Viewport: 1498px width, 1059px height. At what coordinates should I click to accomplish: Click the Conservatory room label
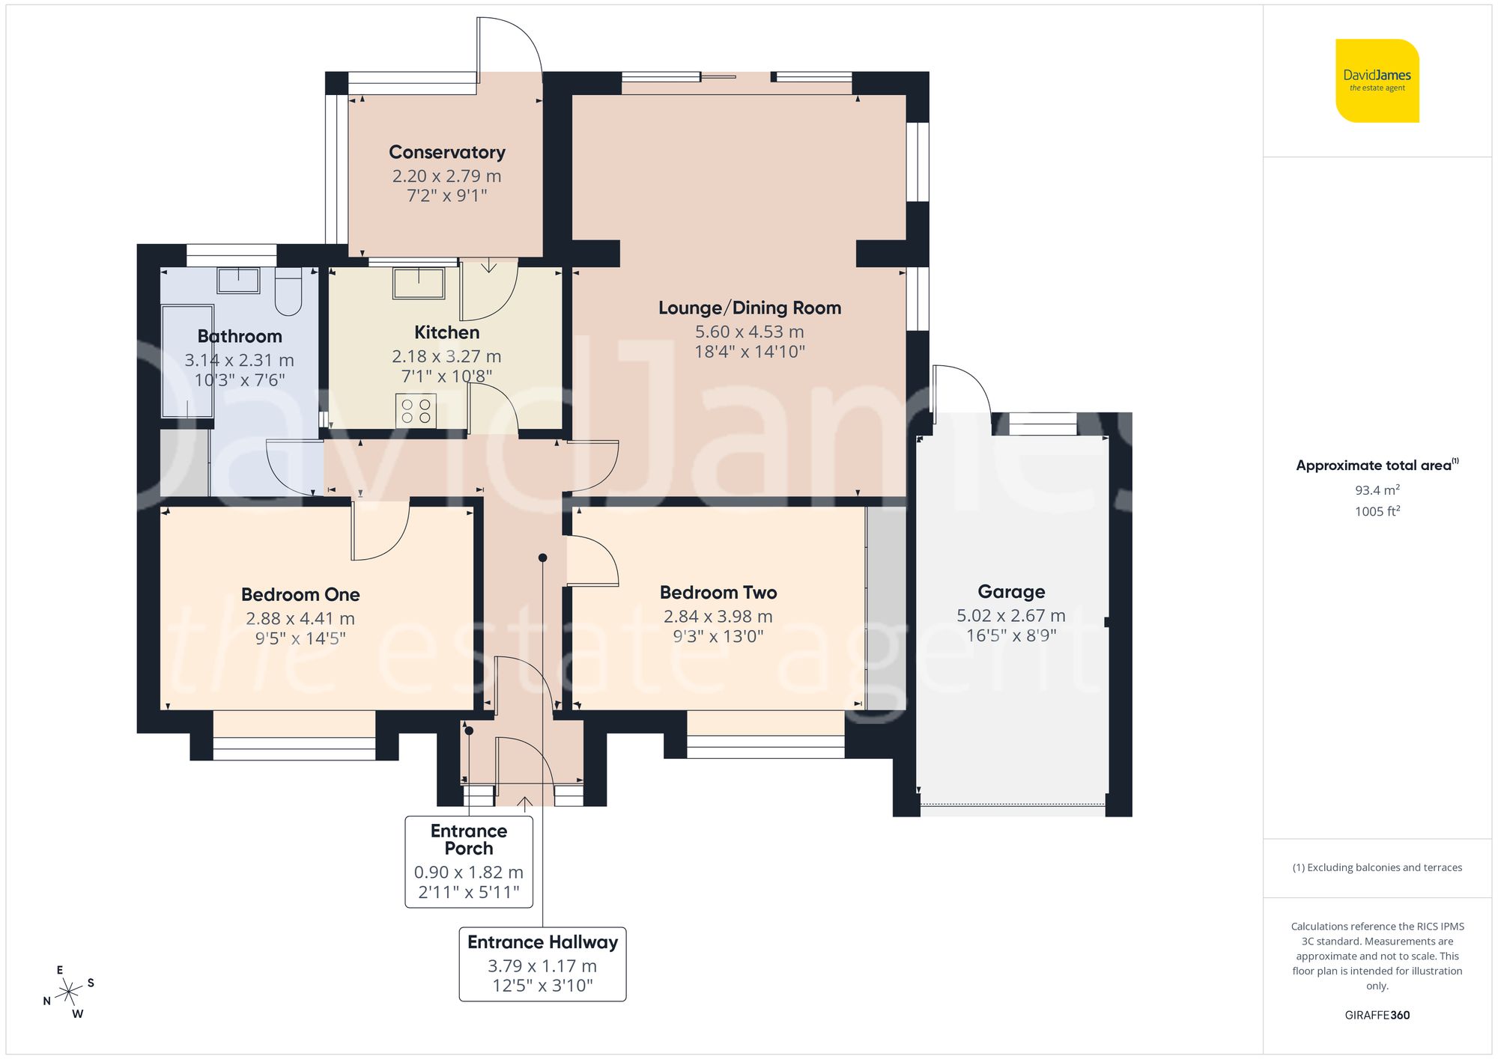[447, 152]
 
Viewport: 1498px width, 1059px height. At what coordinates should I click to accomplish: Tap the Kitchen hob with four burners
[416, 411]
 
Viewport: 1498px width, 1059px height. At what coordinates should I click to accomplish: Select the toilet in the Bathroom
[288, 292]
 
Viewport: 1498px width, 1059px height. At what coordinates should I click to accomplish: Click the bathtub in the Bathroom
[187, 361]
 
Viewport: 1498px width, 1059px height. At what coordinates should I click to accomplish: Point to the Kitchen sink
[419, 284]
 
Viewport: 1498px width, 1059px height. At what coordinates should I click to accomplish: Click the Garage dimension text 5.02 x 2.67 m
[1010, 615]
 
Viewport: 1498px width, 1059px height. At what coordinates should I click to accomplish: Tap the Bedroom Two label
[718, 592]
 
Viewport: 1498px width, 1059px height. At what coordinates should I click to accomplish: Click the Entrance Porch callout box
[469, 861]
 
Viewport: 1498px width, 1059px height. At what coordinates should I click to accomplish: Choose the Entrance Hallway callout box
[542, 964]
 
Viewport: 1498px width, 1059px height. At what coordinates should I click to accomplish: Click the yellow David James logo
[1377, 81]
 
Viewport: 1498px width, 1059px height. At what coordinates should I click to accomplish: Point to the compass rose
[69, 992]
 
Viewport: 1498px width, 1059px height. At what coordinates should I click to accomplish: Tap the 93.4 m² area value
[1377, 490]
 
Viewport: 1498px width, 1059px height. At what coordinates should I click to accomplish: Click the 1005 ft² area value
[1377, 511]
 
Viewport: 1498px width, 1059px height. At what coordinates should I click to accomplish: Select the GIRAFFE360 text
[1377, 1015]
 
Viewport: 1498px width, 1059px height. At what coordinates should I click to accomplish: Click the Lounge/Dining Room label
[749, 308]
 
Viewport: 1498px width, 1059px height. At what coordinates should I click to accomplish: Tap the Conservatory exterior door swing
[509, 45]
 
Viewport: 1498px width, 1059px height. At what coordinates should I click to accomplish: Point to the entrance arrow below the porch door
[525, 803]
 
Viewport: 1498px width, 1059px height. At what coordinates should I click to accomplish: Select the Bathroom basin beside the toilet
[238, 281]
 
